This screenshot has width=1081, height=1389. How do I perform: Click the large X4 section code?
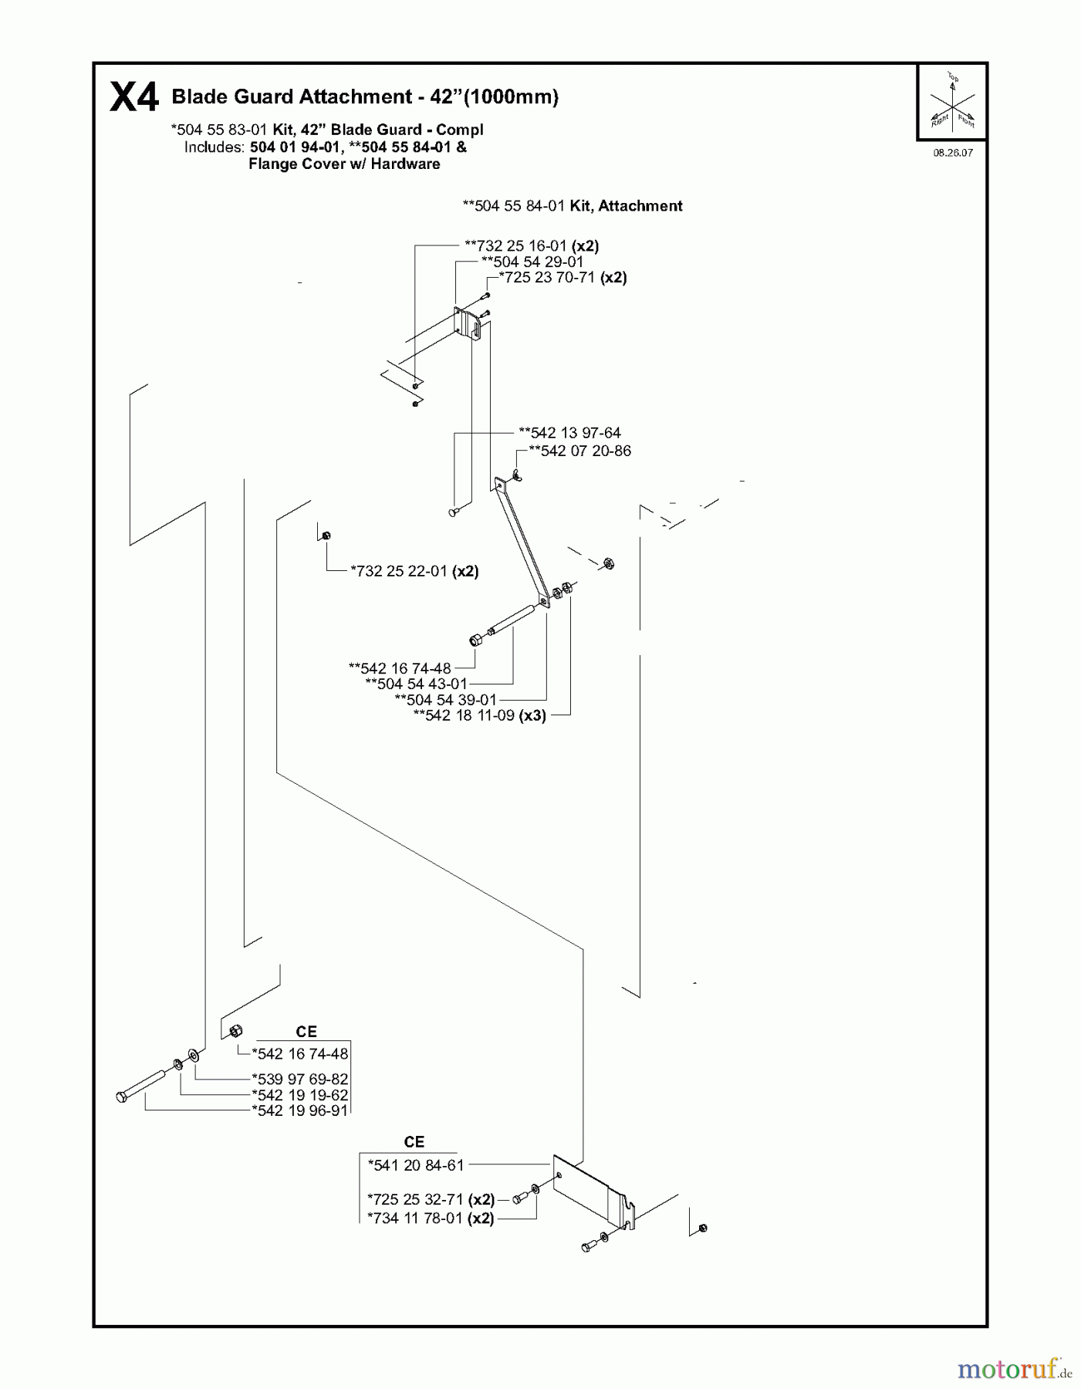[134, 98]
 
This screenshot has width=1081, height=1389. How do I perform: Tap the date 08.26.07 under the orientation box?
[952, 153]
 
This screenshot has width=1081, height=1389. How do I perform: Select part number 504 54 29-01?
[538, 262]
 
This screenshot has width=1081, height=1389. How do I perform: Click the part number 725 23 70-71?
[552, 278]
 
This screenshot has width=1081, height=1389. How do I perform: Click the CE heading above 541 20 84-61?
[414, 1142]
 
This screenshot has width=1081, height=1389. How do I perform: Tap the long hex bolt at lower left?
[143, 1085]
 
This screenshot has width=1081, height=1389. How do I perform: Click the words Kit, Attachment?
[626, 206]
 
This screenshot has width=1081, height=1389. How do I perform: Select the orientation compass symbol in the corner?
[952, 102]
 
